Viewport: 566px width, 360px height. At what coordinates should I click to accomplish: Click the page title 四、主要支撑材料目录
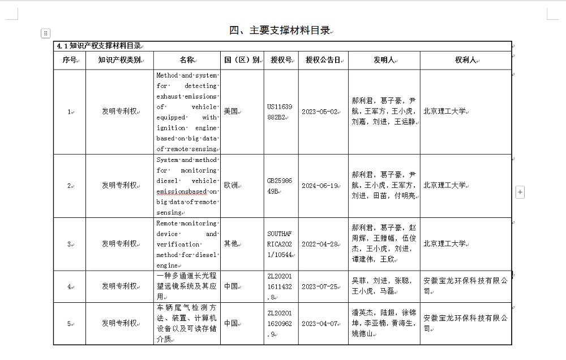279,31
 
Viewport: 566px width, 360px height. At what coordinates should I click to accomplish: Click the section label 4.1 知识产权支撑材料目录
97,46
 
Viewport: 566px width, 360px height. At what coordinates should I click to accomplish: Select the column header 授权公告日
323,60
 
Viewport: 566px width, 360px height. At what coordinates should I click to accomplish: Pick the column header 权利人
465,60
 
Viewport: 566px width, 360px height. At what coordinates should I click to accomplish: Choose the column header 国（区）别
242,60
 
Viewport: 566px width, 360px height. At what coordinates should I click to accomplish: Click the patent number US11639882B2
280,112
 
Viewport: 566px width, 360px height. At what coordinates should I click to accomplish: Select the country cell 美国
230,112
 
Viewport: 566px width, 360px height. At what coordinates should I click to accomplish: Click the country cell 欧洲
230,185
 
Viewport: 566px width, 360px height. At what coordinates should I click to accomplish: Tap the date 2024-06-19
320,186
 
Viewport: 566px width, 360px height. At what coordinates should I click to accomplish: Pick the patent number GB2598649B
280,185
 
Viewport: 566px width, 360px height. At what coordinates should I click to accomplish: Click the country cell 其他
230,244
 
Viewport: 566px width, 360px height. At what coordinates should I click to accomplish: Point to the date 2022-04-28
320,244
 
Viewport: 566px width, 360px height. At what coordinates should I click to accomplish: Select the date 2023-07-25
320,286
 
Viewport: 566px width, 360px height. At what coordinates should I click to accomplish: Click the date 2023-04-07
320,324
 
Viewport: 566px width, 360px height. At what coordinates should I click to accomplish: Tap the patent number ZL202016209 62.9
280,323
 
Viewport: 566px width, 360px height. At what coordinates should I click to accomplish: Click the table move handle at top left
46,33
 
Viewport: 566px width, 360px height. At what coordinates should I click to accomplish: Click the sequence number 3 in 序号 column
69,244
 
